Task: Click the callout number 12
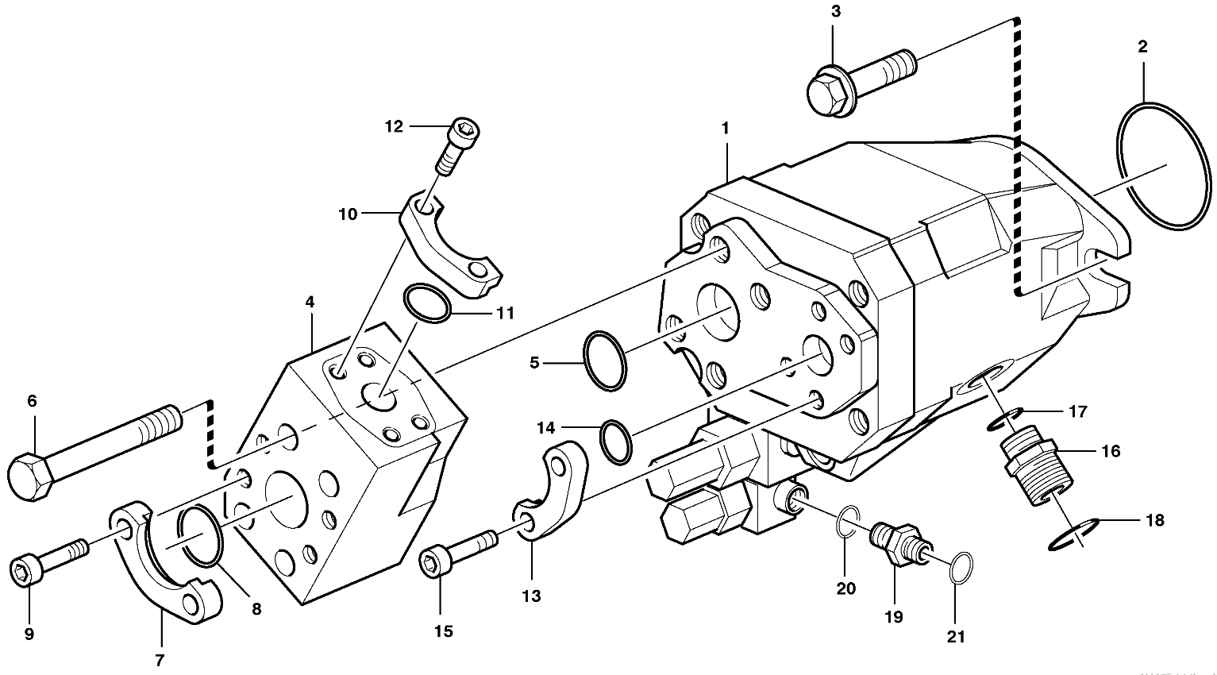[x=395, y=126]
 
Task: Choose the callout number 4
[x=310, y=302]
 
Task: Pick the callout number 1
[x=725, y=127]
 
